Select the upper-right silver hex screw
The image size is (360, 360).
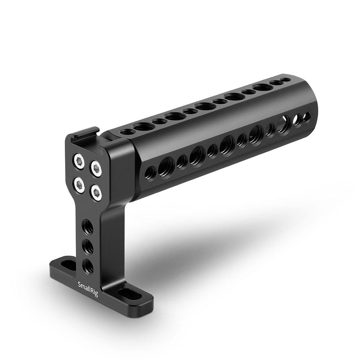(x=95, y=168)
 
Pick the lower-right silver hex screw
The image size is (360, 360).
(x=96, y=193)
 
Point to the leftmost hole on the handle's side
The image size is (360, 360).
(x=150, y=173)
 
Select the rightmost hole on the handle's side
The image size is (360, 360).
(x=306, y=117)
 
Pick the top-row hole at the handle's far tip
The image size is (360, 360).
(x=285, y=80)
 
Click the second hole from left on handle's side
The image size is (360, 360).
(x=166, y=167)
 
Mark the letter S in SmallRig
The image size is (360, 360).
(x=80, y=284)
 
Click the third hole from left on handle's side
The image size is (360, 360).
(x=182, y=162)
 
